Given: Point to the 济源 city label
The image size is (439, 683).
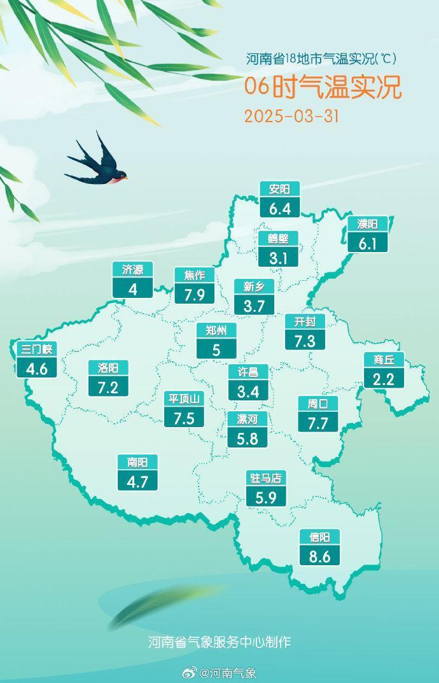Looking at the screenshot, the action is pos(132,270).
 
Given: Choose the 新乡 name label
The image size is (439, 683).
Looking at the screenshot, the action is pos(254,286).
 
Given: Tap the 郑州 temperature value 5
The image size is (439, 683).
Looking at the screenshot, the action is pos(216,349).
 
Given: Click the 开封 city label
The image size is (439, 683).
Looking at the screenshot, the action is pos(305,321).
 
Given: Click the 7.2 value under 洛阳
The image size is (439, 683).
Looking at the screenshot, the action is pos(108,386).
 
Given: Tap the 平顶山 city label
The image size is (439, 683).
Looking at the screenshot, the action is pos(184,399).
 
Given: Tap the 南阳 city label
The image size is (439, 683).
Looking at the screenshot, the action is pos(137,463).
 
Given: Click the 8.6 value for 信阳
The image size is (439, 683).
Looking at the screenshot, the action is pos(320,556).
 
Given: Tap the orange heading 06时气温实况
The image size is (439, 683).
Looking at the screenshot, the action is pos(323,88).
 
